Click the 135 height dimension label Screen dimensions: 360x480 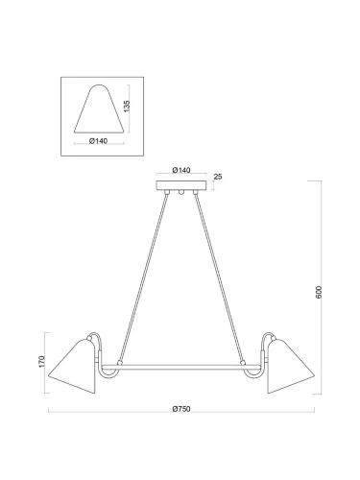pyautogui.click(x=127, y=107)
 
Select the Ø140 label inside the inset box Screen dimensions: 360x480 pyautogui.click(x=98, y=141)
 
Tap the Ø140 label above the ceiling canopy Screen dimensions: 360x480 pyautogui.click(x=181, y=170)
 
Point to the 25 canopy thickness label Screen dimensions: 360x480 pyautogui.click(x=218, y=177)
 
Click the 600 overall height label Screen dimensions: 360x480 pyautogui.click(x=319, y=292)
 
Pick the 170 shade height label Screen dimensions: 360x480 pyautogui.click(x=42, y=361)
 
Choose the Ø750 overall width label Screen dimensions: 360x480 pyautogui.click(x=181, y=409)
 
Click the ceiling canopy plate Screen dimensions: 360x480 pyautogui.click(x=181, y=185)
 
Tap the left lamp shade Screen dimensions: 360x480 pyautogui.click(x=72, y=367)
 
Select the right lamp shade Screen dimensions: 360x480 pyautogui.click(x=291, y=367)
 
